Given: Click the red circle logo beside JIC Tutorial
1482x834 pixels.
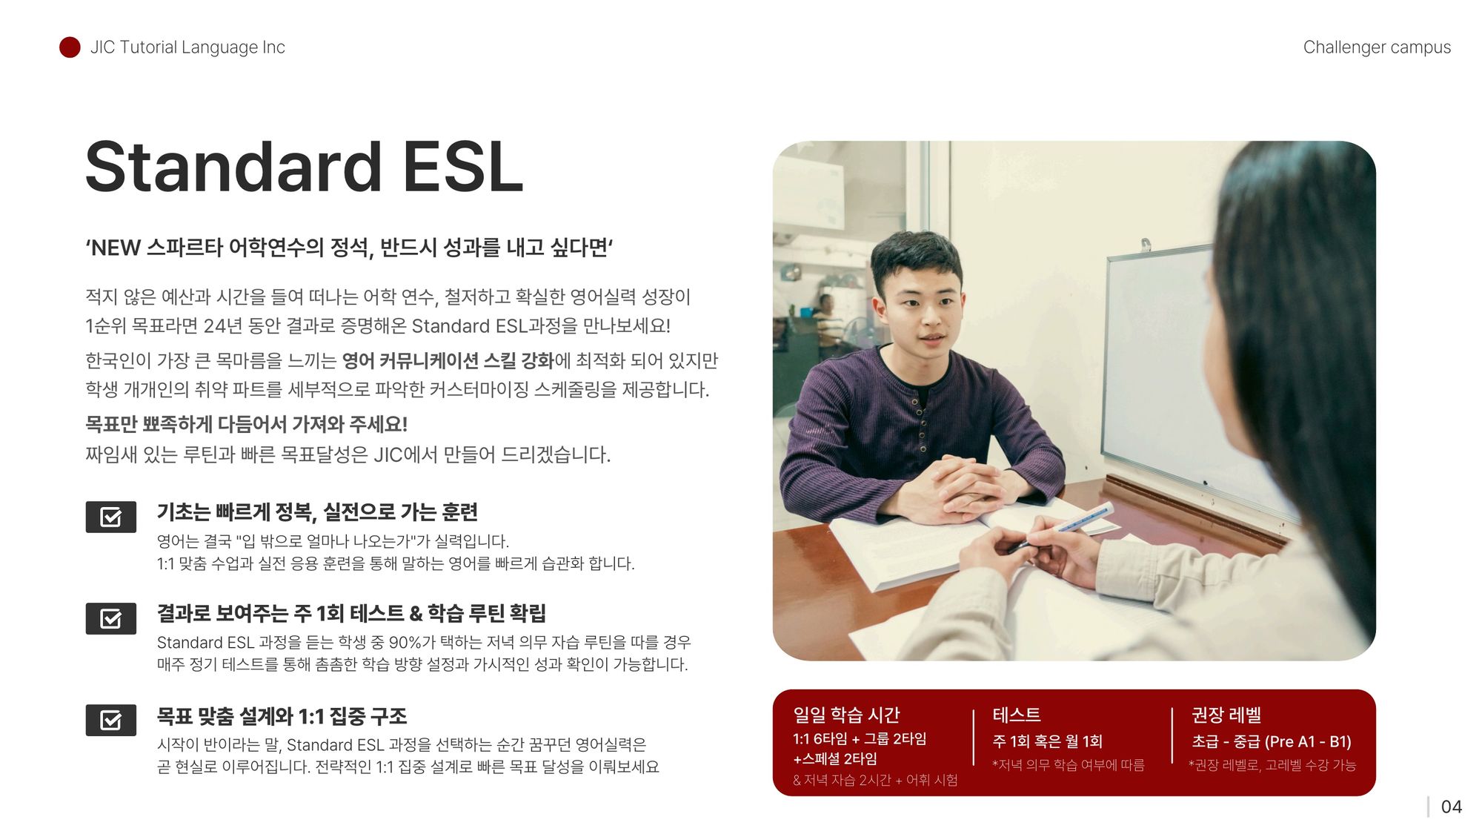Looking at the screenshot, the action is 70,47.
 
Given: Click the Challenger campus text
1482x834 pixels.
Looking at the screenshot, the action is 1377,47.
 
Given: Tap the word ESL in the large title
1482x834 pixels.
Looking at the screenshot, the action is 463,167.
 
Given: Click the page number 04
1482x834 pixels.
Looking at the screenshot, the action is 1451,807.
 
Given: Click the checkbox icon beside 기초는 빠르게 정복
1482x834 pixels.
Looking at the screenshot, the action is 111,517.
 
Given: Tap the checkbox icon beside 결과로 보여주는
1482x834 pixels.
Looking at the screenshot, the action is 111,618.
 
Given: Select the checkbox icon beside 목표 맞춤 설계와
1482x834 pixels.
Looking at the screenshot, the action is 111,720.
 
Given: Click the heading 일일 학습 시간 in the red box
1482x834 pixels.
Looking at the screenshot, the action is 846,715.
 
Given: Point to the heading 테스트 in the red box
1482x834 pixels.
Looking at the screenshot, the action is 1017,715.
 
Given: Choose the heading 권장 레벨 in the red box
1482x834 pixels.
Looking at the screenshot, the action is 1226,715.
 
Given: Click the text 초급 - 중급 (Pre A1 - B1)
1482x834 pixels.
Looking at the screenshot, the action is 1272,741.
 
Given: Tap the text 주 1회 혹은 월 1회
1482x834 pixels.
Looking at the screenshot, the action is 1047,741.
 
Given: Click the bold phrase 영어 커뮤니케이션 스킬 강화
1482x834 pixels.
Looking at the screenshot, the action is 448,361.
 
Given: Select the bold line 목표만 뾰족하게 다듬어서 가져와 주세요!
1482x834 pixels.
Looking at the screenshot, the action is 246,424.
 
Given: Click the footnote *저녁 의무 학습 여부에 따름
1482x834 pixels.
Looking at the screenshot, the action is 1068,765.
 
